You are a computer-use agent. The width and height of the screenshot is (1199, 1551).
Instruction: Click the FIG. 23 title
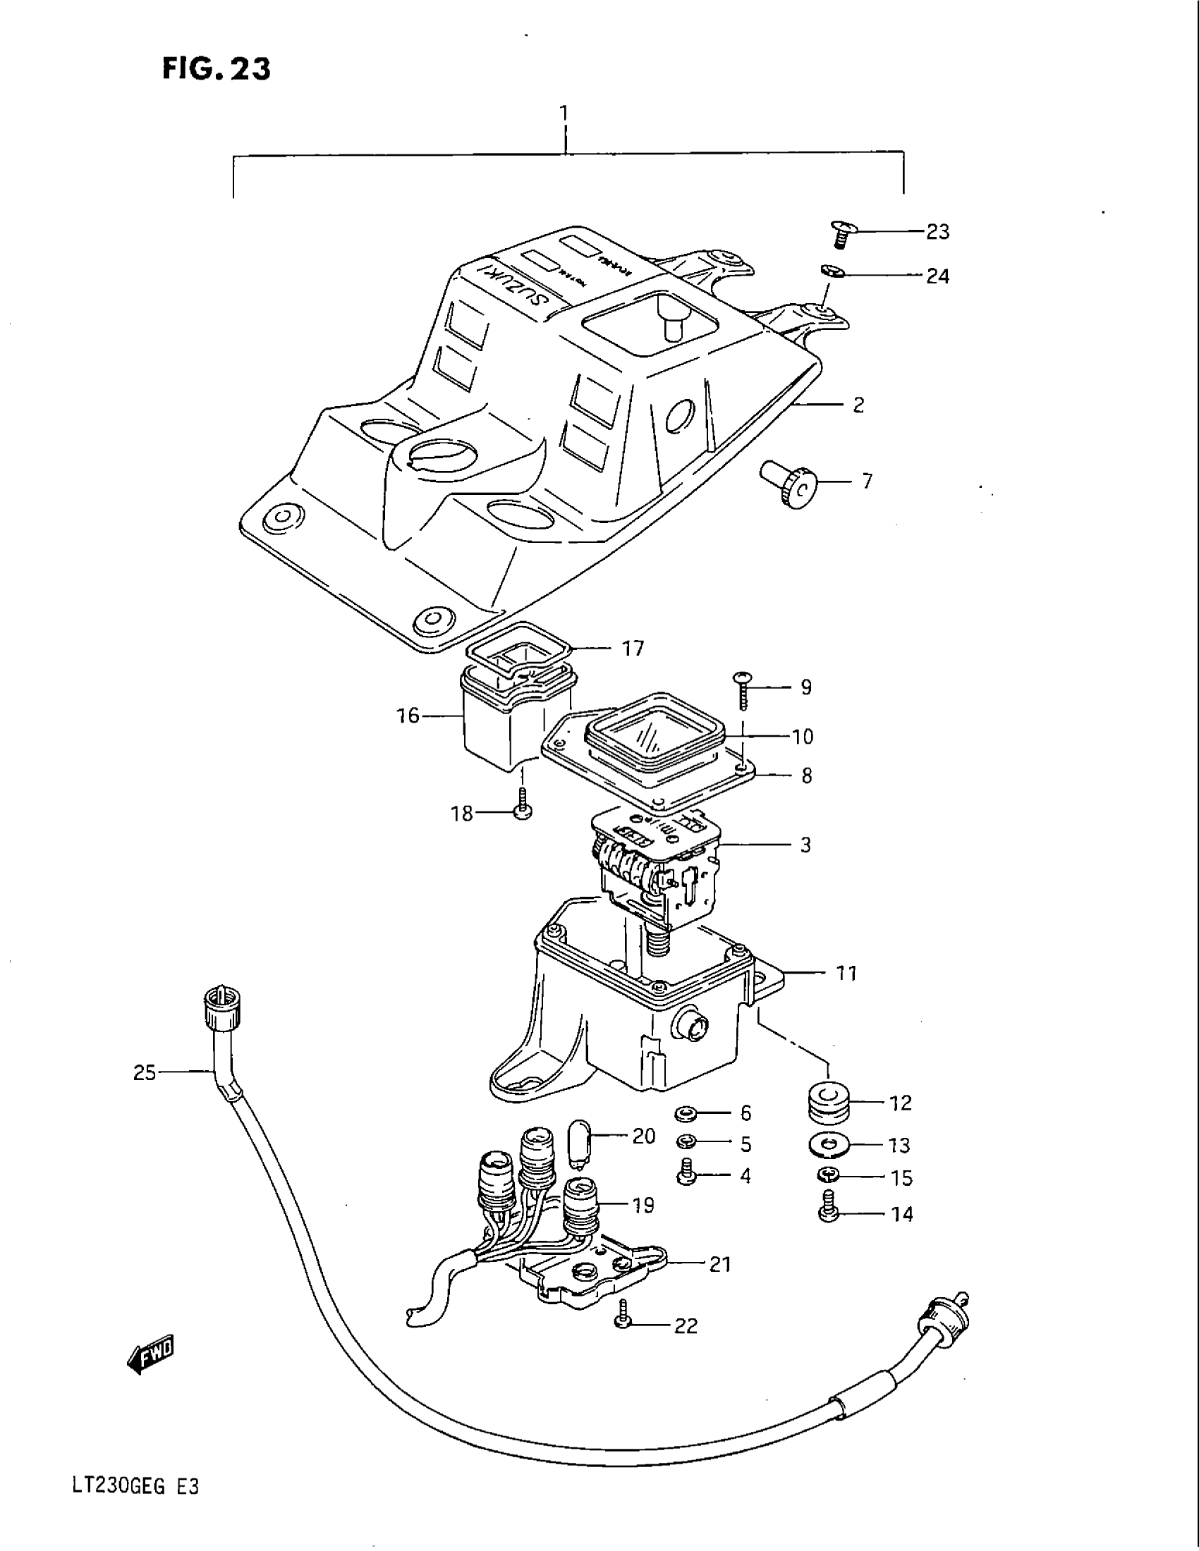[216, 69]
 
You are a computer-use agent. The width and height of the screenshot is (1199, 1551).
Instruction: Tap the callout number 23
[937, 232]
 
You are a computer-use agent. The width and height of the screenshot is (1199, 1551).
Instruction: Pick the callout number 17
[632, 649]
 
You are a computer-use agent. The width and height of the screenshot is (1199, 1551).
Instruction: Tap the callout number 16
[408, 715]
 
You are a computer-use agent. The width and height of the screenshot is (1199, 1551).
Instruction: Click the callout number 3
[805, 845]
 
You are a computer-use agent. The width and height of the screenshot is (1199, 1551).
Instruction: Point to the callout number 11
[845, 973]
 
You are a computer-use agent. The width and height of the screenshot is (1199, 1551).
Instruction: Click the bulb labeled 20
[579, 1139]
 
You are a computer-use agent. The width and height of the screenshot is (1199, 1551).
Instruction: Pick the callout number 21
[719, 1264]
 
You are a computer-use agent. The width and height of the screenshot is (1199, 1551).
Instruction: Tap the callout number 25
[144, 1072]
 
